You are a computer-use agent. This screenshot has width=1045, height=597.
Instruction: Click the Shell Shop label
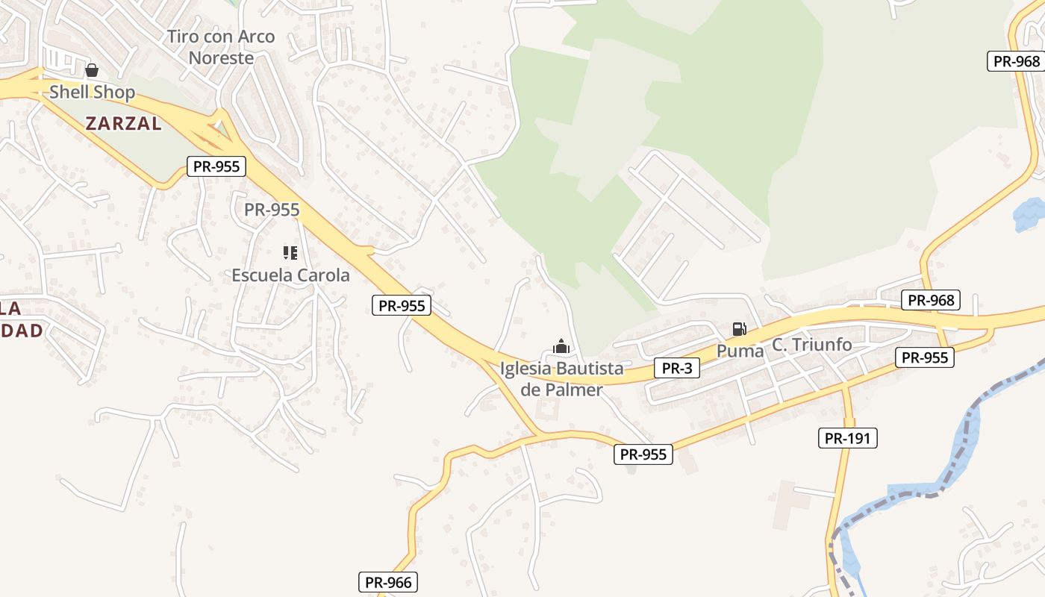tap(92, 93)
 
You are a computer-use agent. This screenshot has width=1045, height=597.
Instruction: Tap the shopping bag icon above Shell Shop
tap(91, 71)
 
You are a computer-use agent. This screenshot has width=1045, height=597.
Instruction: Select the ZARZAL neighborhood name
tap(123, 124)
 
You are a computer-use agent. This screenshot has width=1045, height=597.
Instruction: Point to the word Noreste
tap(221, 57)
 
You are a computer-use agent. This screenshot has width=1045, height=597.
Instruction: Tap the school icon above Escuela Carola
tap(290, 253)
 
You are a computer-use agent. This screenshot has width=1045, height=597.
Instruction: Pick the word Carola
tap(323, 275)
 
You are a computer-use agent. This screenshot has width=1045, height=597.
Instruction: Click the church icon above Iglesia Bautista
tap(561, 346)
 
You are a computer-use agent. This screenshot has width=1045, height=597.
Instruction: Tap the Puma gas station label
tap(740, 351)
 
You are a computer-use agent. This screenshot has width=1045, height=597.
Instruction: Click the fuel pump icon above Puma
tap(739, 328)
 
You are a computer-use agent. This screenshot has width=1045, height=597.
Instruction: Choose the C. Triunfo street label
tap(811, 345)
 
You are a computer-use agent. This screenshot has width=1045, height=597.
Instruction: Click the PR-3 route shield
tap(677, 368)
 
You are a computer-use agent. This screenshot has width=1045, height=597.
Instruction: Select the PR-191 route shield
tap(847, 438)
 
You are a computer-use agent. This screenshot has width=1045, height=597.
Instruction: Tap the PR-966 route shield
tap(389, 582)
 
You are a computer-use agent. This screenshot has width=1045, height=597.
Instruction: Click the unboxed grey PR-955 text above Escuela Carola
tap(272, 210)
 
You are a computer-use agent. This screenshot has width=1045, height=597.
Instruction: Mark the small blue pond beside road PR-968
tap(1029, 213)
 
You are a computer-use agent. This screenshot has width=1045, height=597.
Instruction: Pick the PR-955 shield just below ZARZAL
tap(216, 166)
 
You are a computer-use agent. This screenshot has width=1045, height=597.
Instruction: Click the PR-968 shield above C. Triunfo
tap(931, 300)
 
